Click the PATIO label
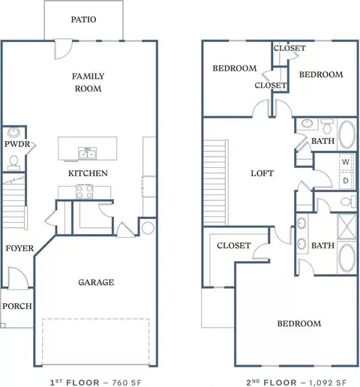(83, 19)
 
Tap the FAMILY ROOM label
(88, 82)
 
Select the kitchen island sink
(87, 154)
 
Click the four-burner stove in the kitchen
(84, 192)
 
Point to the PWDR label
(17, 144)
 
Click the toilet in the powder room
(13, 163)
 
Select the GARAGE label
(96, 282)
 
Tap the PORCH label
(17, 306)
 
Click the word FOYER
(19, 248)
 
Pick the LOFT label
(262, 173)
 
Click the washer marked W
(346, 162)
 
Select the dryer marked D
(346, 180)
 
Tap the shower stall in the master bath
(346, 226)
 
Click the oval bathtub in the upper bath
(346, 134)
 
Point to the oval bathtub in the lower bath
(346, 258)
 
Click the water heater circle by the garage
(148, 228)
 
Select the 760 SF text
(127, 382)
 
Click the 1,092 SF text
(328, 382)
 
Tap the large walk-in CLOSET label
(234, 245)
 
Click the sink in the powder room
(13, 132)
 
